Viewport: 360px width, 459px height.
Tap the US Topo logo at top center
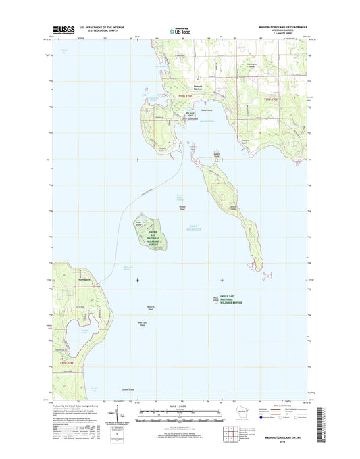pyautogui.click(x=179, y=30)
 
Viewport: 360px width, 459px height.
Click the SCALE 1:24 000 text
pyautogui.click(x=179, y=405)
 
